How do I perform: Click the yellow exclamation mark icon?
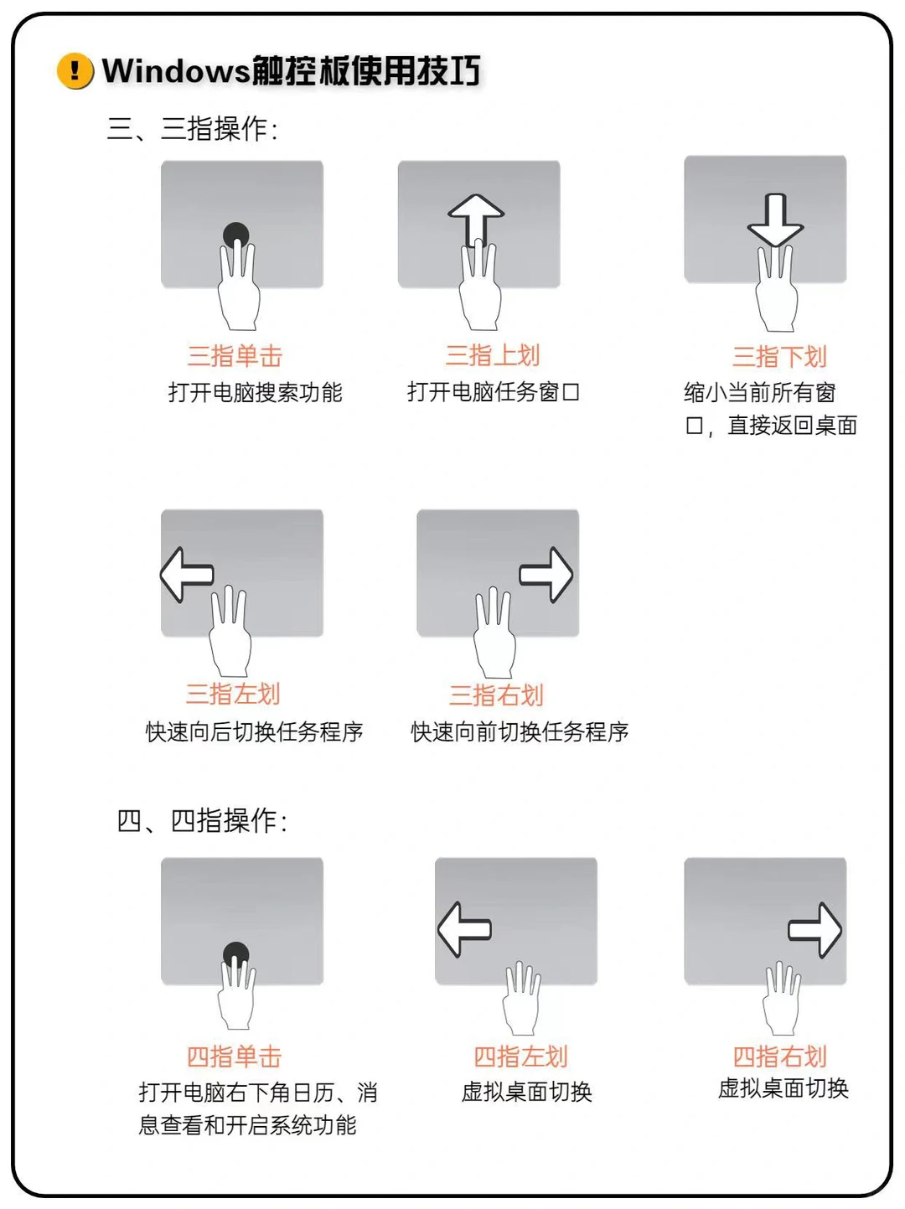(75, 70)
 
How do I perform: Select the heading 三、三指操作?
(192, 129)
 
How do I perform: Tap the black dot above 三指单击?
(236, 234)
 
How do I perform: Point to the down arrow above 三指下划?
(776, 220)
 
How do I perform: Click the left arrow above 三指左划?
(187, 575)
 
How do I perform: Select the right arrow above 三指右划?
(546, 575)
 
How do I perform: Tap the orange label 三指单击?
(235, 356)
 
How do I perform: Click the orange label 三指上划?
(493, 355)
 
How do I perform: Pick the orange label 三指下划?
(779, 357)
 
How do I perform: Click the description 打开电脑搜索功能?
(255, 392)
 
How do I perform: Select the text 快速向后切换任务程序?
(254, 731)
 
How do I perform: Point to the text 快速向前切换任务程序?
(520, 731)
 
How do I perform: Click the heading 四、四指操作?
(202, 821)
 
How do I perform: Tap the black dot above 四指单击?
(236, 954)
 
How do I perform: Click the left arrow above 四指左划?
(464, 929)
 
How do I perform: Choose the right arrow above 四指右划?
(815, 929)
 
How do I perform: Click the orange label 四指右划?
(779, 1057)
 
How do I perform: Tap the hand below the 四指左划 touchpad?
(522, 1001)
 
